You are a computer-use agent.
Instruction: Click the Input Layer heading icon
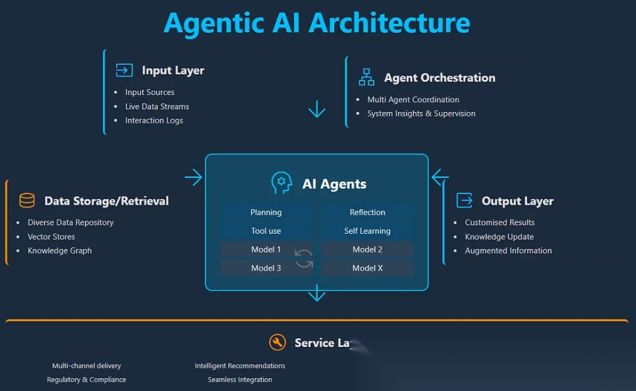tap(124, 70)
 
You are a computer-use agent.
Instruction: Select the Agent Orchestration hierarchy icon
tap(366, 77)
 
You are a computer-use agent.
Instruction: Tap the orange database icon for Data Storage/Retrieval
tap(27, 201)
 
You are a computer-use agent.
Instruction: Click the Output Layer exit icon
tap(464, 201)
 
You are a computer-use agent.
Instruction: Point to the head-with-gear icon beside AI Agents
tap(282, 183)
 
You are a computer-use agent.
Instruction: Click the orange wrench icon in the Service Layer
tap(277, 342)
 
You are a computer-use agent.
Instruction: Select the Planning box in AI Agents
tap(266, 212)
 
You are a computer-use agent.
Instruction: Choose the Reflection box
tap(367, 212)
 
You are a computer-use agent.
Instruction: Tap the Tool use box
tap(266, 231)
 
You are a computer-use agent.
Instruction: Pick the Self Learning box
tap(367, 231)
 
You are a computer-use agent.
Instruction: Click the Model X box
tap(367, 268)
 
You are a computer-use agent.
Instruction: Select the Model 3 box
tap(266, 268)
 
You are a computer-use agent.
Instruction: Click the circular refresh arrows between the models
tap(304, 258)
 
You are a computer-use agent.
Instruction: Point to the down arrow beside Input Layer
tap(316, 110)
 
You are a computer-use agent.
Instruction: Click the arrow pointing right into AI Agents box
tap(194, 178)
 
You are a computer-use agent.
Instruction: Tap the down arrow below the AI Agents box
tap(316, 293)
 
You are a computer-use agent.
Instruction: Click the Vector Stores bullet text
tap(51, 237)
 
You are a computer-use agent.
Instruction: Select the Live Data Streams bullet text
tap(157, 106)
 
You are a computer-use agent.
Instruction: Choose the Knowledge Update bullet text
tap(499, 237)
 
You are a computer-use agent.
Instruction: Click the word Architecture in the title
tap(389, 23)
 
